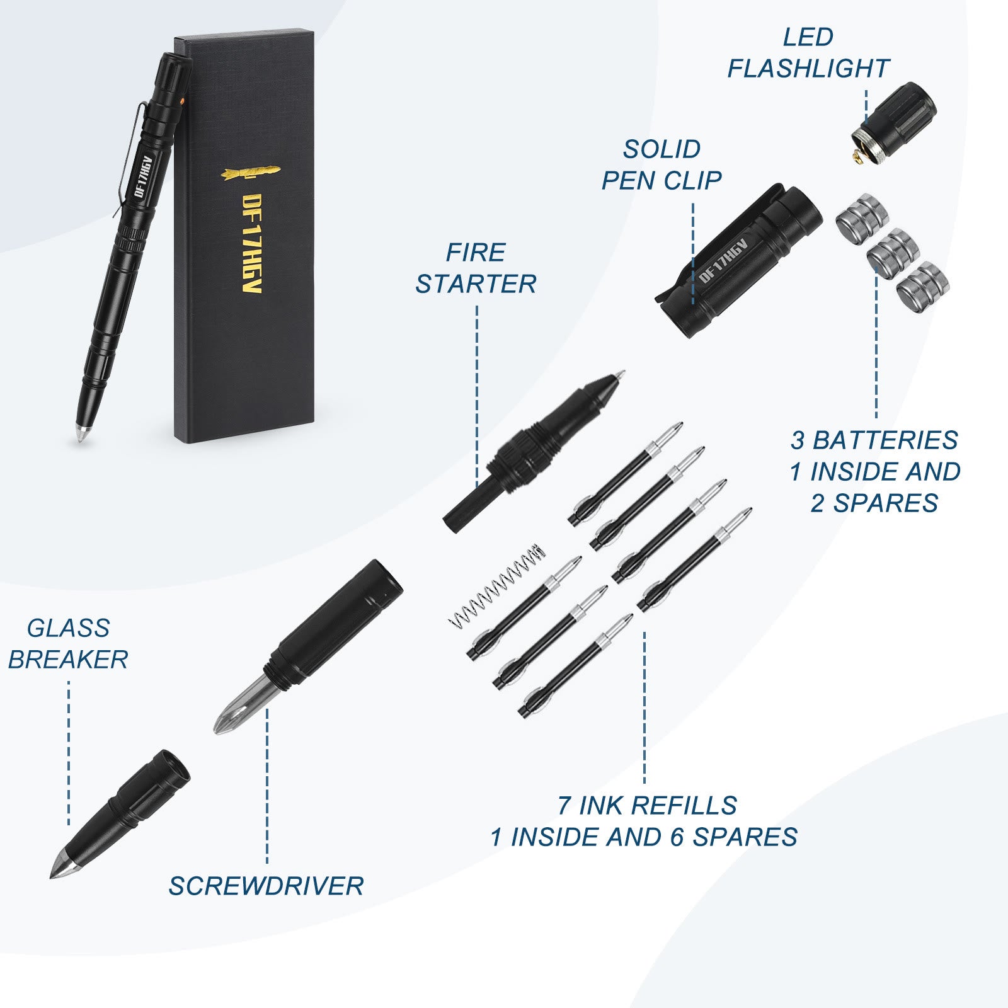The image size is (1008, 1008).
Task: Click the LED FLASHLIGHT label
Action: [x=808, y=53]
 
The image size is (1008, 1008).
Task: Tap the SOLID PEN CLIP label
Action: [x=661, y=165]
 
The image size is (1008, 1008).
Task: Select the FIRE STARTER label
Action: [x=476, y=268]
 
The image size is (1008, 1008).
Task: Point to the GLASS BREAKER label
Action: [x=68, y=644]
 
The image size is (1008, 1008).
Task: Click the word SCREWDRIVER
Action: [x=266, y=886]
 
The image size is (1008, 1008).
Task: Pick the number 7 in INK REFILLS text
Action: [x=564, y=806]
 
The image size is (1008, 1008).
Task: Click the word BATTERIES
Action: [x=885, y=440]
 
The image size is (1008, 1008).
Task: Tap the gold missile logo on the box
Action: [x=251, y=172]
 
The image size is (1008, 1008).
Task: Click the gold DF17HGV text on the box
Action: [x=252, y=243]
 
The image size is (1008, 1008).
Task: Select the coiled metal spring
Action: [x=496, y=585]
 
